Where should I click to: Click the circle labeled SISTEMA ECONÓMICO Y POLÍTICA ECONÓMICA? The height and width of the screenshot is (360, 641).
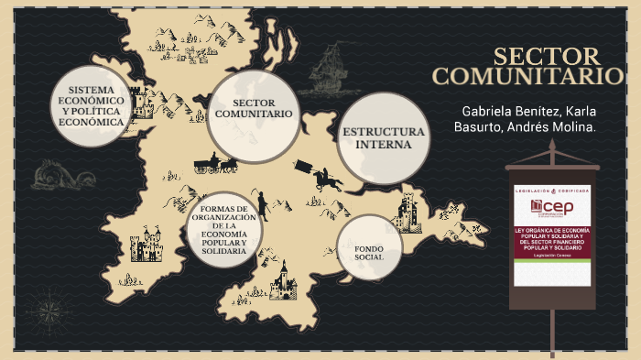[90, 105]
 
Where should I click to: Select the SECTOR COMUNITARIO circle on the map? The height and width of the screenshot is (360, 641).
[254, 115]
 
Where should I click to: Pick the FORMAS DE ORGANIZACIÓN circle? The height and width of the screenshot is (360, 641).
[223, 230]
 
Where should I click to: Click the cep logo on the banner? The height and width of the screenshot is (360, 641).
[552, 205]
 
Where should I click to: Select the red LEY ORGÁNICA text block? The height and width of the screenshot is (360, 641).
[552, 239]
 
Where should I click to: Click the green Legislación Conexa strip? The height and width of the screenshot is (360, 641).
[552, 266]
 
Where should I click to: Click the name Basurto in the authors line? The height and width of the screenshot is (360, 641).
[479, 126]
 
